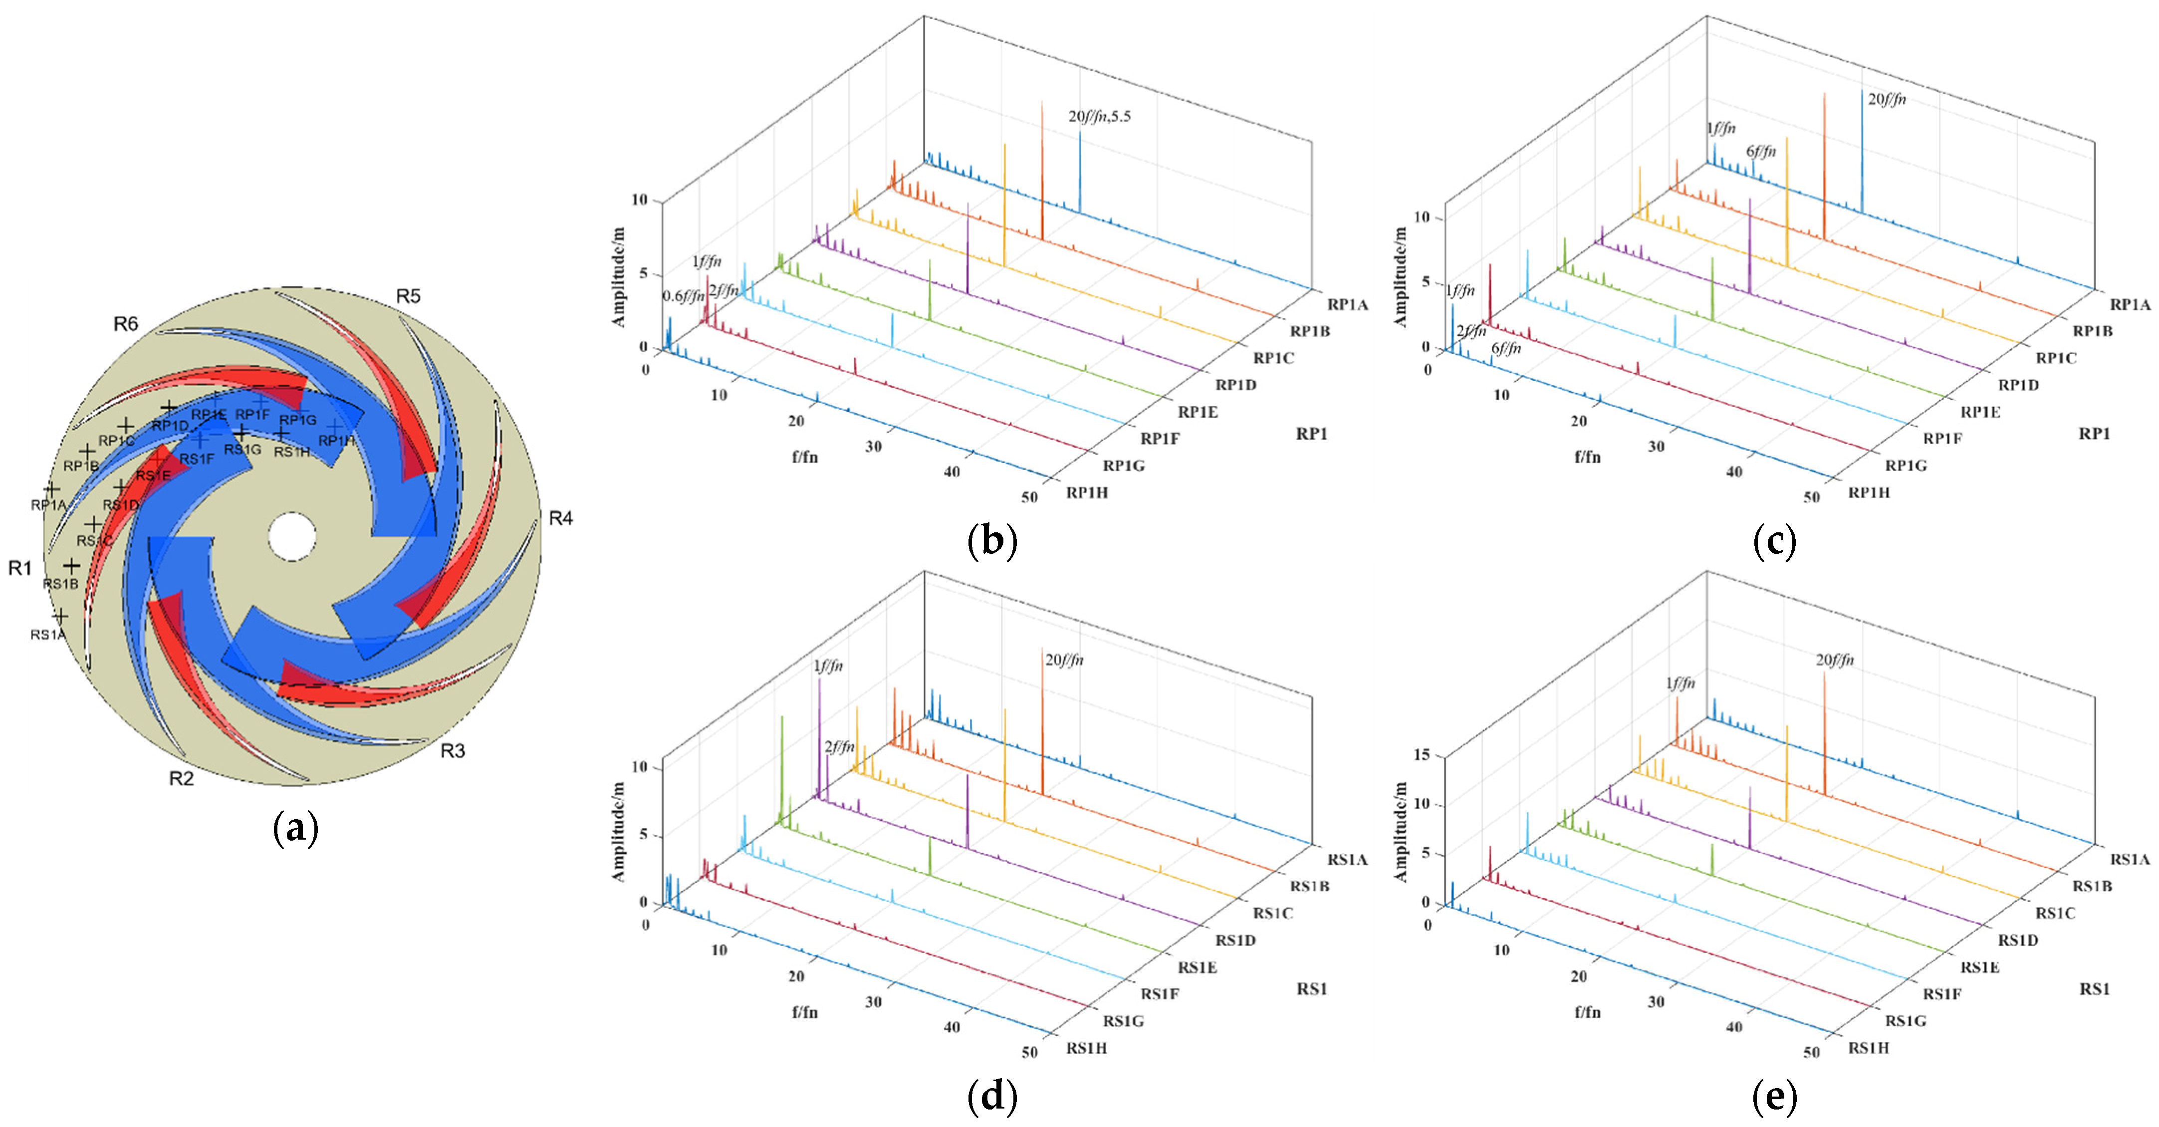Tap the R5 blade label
point(408,297)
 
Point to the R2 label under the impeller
point(181,779)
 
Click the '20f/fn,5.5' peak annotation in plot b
point(1099,116)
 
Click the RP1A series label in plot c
point(2130,305)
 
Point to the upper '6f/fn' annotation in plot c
point(1761,152)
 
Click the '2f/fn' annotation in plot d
point(839,746)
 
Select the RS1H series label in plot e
point(1869,1048)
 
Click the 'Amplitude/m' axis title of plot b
point(619,276)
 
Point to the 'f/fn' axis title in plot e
point(1587,1012)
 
